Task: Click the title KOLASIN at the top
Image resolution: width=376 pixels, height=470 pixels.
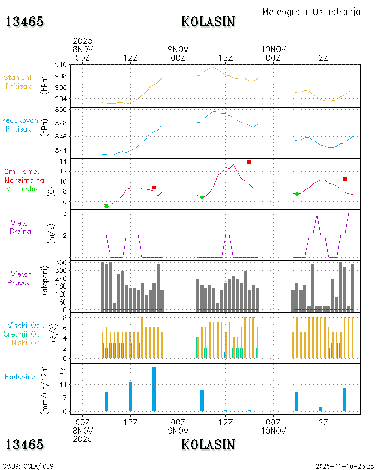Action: pos(208,22)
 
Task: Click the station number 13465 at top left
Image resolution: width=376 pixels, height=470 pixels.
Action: pos(25,22)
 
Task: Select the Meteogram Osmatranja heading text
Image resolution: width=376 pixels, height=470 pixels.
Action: pos(311,12)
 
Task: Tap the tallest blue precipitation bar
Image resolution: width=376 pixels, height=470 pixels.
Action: pos(154,388)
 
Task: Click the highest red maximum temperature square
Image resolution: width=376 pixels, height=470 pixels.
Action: pos(249,162)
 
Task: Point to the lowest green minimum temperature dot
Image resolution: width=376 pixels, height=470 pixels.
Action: pos(106,206)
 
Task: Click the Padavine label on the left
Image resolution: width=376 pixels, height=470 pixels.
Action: pos(20,376)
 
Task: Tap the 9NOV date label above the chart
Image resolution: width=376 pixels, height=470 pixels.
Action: pos(178,49)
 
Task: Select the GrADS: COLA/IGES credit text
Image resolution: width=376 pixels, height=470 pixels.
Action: pos(28,466)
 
